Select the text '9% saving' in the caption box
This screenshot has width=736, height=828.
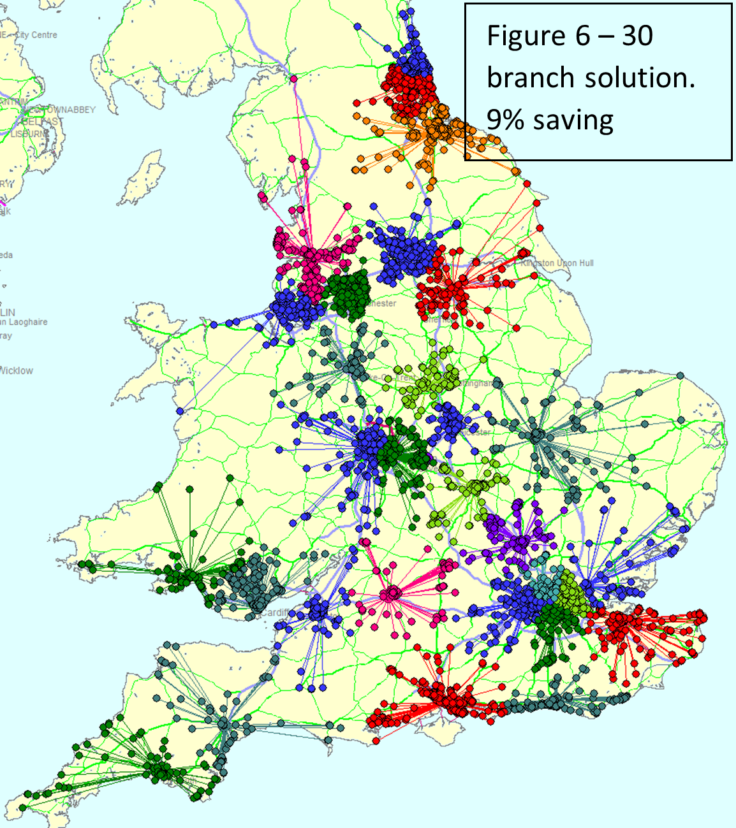[550, 120]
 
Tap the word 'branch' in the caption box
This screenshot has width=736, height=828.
[531, 78]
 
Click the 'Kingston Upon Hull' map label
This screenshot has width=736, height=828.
[557, 263]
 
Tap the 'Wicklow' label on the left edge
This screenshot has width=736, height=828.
[17, 370]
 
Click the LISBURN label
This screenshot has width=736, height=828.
[29, 134]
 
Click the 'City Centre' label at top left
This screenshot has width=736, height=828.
[36, 35]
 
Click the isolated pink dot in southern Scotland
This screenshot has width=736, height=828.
[293, 79]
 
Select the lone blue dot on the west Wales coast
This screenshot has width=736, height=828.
[180, 411]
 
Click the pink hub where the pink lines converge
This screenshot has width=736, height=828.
[390, 595]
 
